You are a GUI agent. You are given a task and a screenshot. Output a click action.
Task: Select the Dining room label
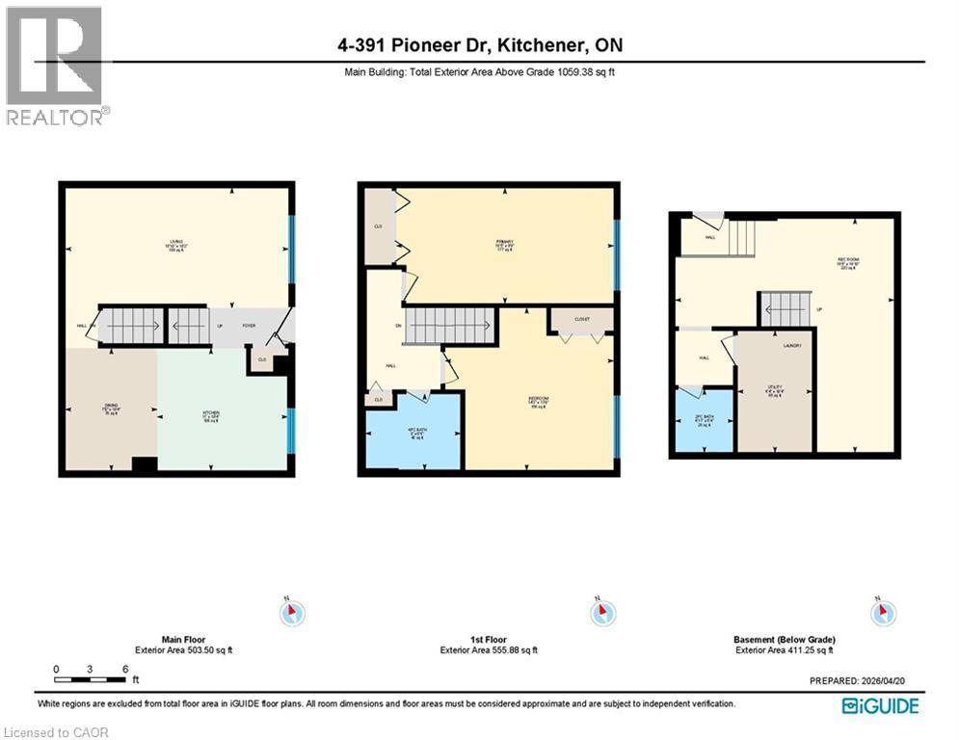pyautogui.click(x=109, y=410)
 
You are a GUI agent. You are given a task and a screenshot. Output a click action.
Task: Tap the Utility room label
pyautogui.click(x=775, y=390)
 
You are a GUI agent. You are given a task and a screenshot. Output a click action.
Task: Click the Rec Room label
pyautogui.click(x=848, y=265)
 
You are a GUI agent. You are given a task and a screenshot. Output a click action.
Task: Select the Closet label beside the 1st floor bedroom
pyautogui.click(x=580, y=318)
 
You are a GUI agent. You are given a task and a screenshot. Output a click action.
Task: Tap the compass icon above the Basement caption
pyautogui.click(x=882, y=612)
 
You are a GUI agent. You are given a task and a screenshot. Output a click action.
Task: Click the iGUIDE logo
pyautogui.click(x=880, y=706)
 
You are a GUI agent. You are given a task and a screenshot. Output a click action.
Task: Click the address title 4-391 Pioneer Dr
pyautogui.click(x=479, y=46)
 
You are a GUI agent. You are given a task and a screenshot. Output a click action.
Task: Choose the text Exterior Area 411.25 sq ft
pyautogui.click(x=784, y=650)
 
